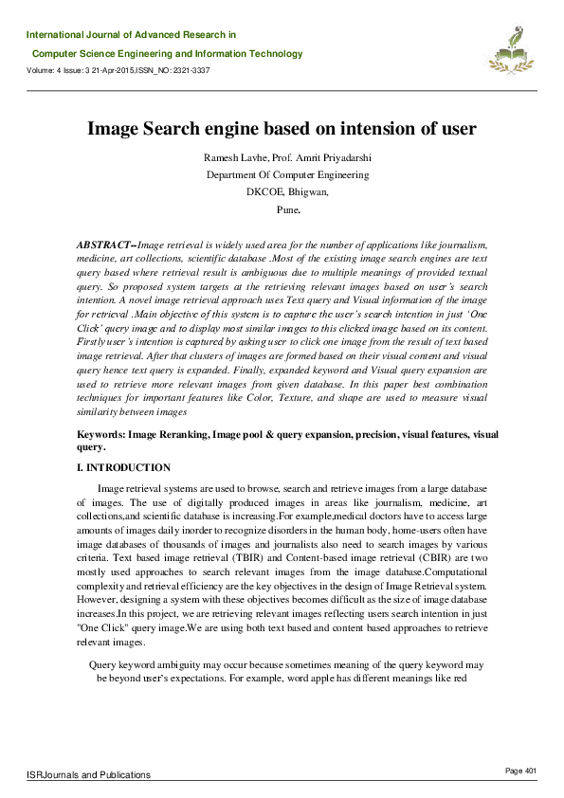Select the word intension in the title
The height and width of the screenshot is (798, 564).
tap(387, 128)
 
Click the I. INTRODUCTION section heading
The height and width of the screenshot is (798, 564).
tap(123, 468)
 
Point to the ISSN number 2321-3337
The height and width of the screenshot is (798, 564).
tap(190, 71)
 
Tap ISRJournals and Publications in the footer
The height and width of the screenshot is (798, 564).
tap(88, 774)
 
